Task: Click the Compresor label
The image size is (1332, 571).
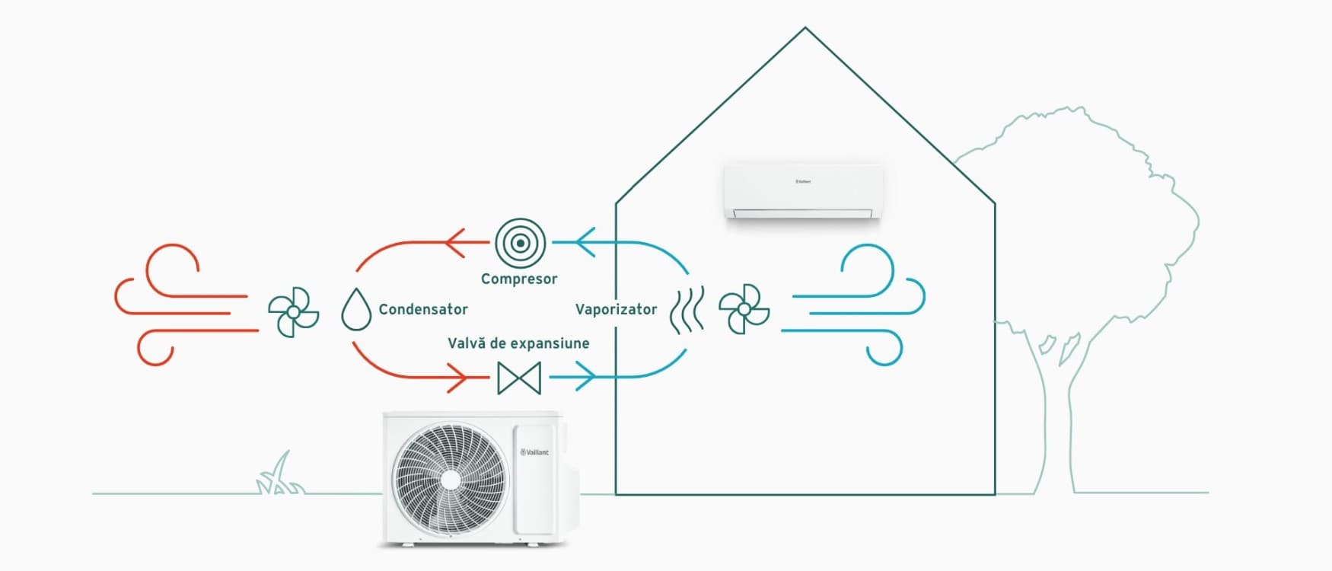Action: [519, 279]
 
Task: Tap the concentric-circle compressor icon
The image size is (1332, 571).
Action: [521, 243]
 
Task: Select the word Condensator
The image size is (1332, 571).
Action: [423, 309]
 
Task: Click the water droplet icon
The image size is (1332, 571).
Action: [356, 309]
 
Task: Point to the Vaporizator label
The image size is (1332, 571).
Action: [616, 309]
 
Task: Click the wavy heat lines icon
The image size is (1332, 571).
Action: [687, 311]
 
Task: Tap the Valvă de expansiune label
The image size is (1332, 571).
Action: [518, 343]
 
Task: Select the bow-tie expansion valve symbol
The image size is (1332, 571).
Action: [519, 378]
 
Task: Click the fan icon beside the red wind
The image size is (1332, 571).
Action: [293, 312]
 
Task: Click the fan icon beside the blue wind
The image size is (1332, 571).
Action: [744, 310]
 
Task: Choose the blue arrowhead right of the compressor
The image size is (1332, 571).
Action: [585, 243]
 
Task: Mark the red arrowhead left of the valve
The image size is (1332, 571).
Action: [457, 377]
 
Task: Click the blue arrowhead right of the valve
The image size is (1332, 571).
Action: [585, 376]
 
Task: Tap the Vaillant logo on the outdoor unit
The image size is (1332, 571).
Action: [534, 452]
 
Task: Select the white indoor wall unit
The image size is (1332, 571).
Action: [802, 191]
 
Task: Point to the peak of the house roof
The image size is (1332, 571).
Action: [805, 28]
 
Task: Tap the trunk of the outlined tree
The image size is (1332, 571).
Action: [1055, 426]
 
